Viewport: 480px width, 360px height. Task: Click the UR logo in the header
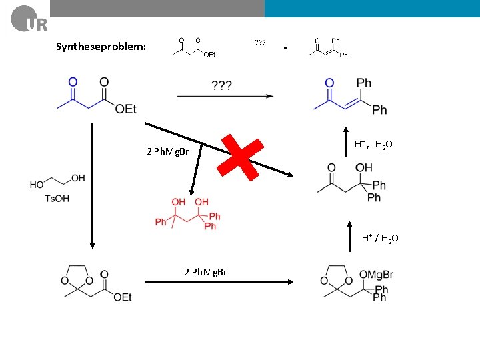(x=29, y=18)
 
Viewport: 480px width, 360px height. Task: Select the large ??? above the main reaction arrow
(x=222, y=85)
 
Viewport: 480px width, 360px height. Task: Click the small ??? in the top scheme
(x=260, y=42)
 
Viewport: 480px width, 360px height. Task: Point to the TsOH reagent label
(x=57, y=198)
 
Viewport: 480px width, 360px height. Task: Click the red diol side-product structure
(x=187, y=213)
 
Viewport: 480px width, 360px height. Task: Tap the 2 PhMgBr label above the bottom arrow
(x=205, y=271)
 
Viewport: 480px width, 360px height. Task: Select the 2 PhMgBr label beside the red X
(x=167, y=151)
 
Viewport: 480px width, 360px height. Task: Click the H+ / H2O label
(x=381, y=238)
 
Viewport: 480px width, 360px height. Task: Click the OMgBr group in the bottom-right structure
(x=376, y=275)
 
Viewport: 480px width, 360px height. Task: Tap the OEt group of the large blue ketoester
(x=126, y=109)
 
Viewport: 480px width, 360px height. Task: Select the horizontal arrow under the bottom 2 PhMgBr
(x=219, y=282)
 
